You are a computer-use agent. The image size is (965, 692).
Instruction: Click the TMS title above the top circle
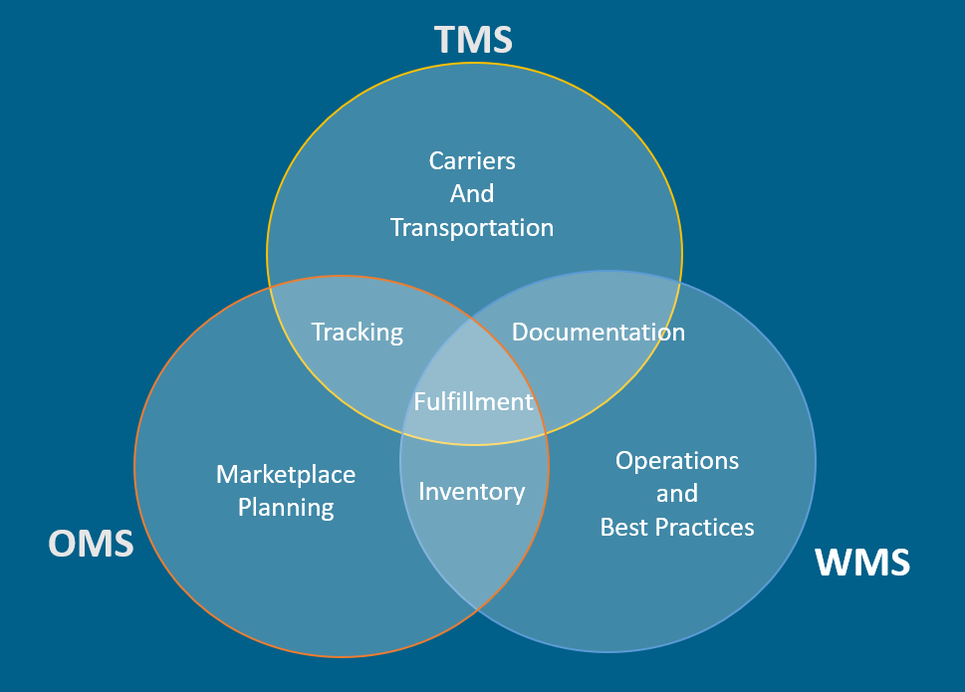[473, 40]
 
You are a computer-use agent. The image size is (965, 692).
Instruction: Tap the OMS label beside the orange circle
[91, 543]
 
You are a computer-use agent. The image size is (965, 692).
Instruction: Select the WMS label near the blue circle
[862, 563]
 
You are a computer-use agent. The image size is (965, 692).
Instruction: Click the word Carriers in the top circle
[472, 159]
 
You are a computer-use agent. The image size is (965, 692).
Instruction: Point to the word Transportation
[472, 227]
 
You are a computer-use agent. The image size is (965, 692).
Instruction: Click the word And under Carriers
[472, 193]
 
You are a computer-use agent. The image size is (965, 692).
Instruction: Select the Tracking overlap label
[357, 332]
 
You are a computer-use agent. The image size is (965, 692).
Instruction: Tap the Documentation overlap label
[598, 332]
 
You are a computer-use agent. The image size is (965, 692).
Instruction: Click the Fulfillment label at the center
[474, 401]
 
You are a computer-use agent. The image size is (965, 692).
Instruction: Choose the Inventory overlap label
[471, 491]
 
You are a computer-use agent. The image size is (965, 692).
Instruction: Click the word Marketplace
[286, 474]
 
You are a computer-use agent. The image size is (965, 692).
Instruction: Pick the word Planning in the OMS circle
[286, 507]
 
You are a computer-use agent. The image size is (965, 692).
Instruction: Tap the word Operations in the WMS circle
[677, 460]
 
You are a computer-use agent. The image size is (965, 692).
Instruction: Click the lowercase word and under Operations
[677, 493]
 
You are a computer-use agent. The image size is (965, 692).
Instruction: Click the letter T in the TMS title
[446, 40]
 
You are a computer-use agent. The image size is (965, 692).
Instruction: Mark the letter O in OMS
[63, 543]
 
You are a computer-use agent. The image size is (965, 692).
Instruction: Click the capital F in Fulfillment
[420, 401]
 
